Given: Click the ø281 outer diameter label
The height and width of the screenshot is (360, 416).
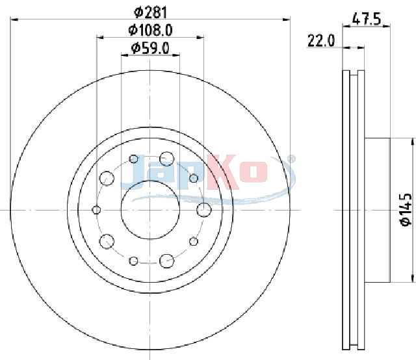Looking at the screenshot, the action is (151, 12).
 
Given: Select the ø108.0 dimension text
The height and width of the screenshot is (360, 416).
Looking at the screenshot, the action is (150, 30).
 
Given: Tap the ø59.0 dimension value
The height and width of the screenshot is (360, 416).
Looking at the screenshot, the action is (150, 48).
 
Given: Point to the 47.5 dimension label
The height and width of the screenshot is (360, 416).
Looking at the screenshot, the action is (367, 19).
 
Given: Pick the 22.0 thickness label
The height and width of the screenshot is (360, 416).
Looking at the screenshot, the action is (321, 41).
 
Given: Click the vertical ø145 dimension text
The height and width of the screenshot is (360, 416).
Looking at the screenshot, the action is (406, 210).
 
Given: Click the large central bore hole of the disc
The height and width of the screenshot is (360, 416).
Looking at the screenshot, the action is (150, 210).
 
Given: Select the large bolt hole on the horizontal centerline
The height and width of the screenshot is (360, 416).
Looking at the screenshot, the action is (204, 210).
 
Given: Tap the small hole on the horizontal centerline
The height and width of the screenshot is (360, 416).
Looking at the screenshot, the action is (96, 210).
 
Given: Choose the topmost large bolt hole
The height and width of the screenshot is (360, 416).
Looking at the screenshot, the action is (167, 159).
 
